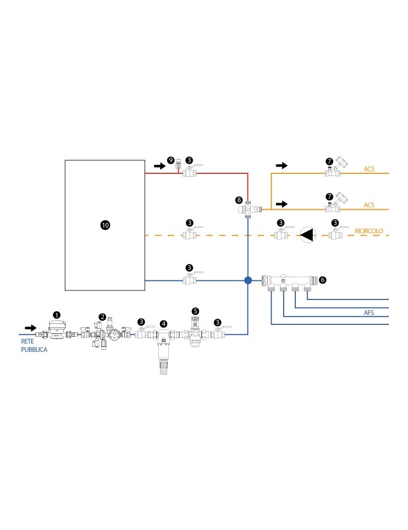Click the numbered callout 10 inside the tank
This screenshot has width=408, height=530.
tap(105, 225)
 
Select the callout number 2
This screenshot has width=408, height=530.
tap(102, 317)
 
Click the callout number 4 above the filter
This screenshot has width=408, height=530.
tap(164, 323)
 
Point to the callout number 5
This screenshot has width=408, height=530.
tap(195, 311)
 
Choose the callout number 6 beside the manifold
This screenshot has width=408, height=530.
tap(323, 279)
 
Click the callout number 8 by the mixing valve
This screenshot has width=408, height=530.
tap(239, 200)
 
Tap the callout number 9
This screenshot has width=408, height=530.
tap(170, 160)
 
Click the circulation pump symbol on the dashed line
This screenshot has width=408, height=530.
tap(307, 234)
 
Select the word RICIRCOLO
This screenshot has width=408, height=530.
tap(369, 232)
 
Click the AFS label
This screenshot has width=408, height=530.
tap(369, 313)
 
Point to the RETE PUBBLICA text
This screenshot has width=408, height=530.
tap(34, 346)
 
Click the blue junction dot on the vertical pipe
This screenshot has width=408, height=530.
tap(248, 280)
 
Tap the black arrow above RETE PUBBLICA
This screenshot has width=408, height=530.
tap(31, 328)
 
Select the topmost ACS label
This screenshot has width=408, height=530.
tap(369, 169)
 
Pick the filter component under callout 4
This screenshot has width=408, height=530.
tap(164, 350)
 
